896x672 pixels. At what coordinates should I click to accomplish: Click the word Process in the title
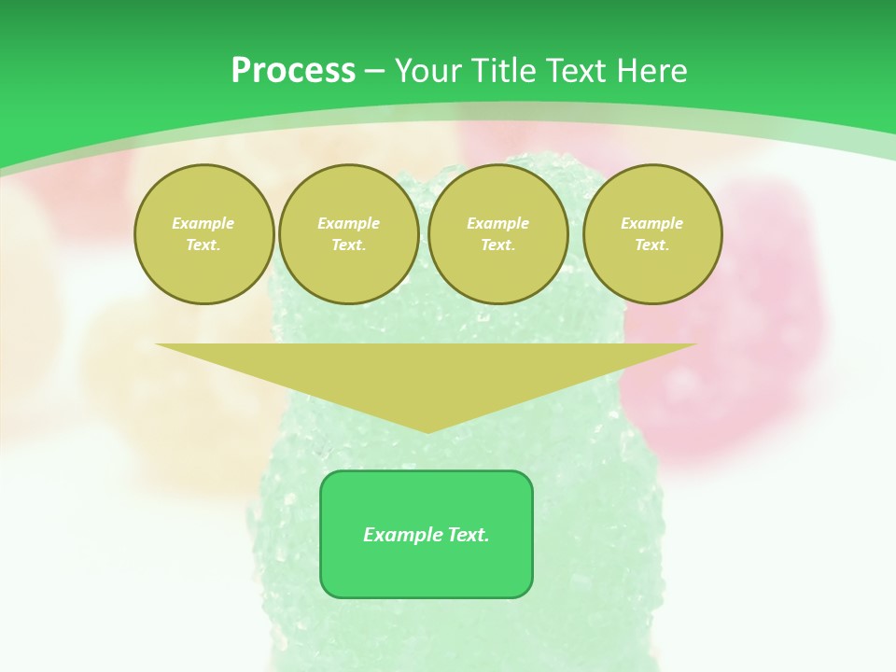click(293, 71)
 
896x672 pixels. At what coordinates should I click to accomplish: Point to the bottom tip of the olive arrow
click(427, 430)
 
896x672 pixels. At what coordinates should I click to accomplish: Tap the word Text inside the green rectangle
click(468, 535)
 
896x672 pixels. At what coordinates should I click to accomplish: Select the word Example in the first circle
click(203, 223)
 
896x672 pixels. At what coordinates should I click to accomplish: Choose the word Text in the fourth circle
click(652, 245)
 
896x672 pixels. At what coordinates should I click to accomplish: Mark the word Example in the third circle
click(497, 223)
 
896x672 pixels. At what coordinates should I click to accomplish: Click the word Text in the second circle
click(348, 245)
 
